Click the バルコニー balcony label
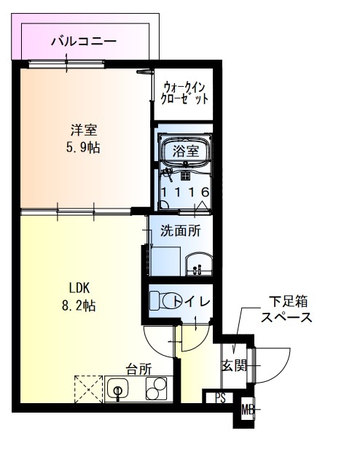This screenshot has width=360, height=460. tap(83, 42)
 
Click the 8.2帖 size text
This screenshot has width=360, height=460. tap(79, 305)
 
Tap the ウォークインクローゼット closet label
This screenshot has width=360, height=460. tap(185, 90)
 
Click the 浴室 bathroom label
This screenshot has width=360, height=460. tap(186, 151)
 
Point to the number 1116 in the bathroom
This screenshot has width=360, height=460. tap(186, 192)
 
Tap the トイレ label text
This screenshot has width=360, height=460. tap(191, 300)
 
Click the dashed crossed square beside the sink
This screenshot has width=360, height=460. tap(87, 389)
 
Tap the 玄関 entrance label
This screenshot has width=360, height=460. tap(234, 365)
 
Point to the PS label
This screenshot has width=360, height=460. tap(219, 398)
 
